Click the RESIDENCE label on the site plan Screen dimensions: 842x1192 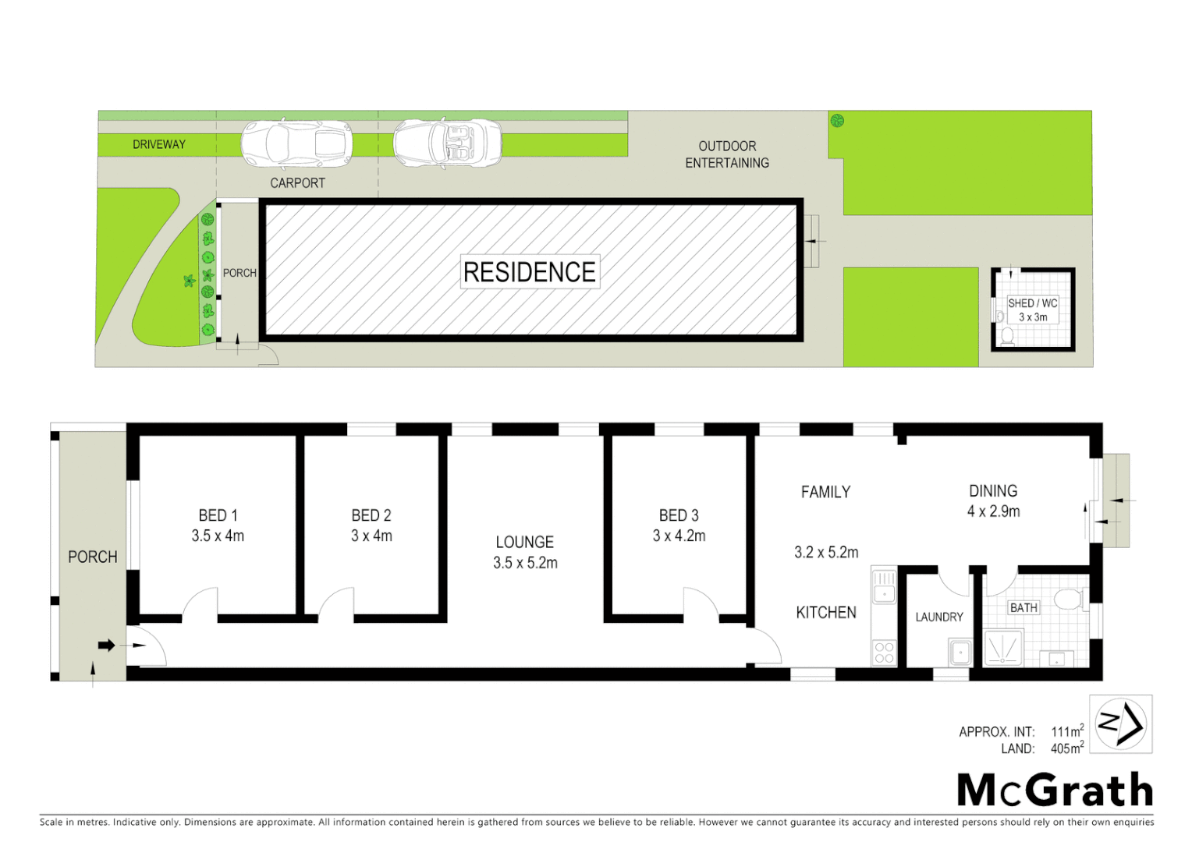coord(530,272)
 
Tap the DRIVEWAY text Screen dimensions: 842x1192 coord(159,144)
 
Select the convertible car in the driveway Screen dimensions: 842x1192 coord(448,143)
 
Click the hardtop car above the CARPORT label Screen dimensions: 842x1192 coord(296,143)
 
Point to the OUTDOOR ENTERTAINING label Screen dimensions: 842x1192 coord(727,154)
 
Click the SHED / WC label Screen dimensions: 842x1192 coord(1032,303)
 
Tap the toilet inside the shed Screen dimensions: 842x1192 coord(1007,335)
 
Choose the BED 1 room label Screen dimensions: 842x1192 coord(218,515)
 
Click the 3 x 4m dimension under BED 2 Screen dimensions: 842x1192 coord(371,536)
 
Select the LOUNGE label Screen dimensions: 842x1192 coord(525,542)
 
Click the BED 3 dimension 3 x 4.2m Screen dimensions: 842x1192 coord(679,536)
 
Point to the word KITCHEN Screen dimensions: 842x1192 coord(826,613)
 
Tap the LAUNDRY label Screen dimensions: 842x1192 coord(939,617)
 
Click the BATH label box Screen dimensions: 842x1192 coord(1023,608)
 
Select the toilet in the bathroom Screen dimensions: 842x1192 coord(1068,600)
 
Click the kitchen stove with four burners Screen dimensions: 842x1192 coord(884,653)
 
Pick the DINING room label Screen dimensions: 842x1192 coord(993,491)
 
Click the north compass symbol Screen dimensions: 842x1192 coord(1121,724)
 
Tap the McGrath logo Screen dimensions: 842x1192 coord(1055,791)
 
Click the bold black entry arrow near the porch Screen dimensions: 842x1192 coord(107,646)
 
